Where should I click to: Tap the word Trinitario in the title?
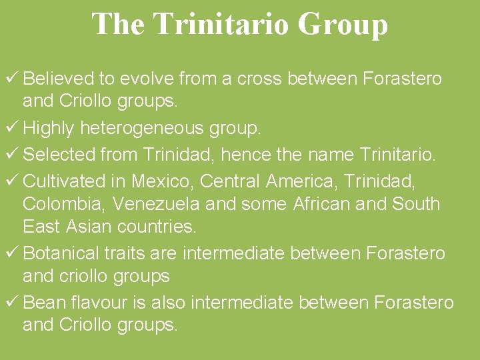[x=220, y=25]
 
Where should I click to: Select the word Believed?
[x=58, y=79]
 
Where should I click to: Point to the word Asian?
[x=89, y=226]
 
